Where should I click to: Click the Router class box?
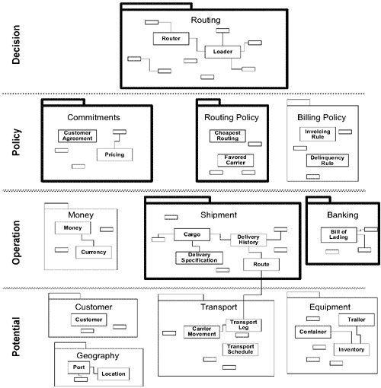171,39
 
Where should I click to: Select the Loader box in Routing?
223,52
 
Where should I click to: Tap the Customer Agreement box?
77,135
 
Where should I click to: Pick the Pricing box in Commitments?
114,154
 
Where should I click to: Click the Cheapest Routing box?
228,135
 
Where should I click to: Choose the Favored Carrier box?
235,161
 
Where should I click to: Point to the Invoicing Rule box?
318,134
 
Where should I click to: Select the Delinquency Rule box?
328,161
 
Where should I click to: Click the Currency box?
94,252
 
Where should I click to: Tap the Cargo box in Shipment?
192,234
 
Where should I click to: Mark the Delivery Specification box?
199,258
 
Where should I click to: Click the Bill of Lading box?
338,234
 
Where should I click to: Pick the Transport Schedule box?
240,349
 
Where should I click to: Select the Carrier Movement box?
202,332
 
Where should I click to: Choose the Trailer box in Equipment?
357,320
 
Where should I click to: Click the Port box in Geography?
78,367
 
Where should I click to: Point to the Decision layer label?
16,44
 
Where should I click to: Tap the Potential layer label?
16,337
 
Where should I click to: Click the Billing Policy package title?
322,117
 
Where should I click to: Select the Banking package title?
343,215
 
